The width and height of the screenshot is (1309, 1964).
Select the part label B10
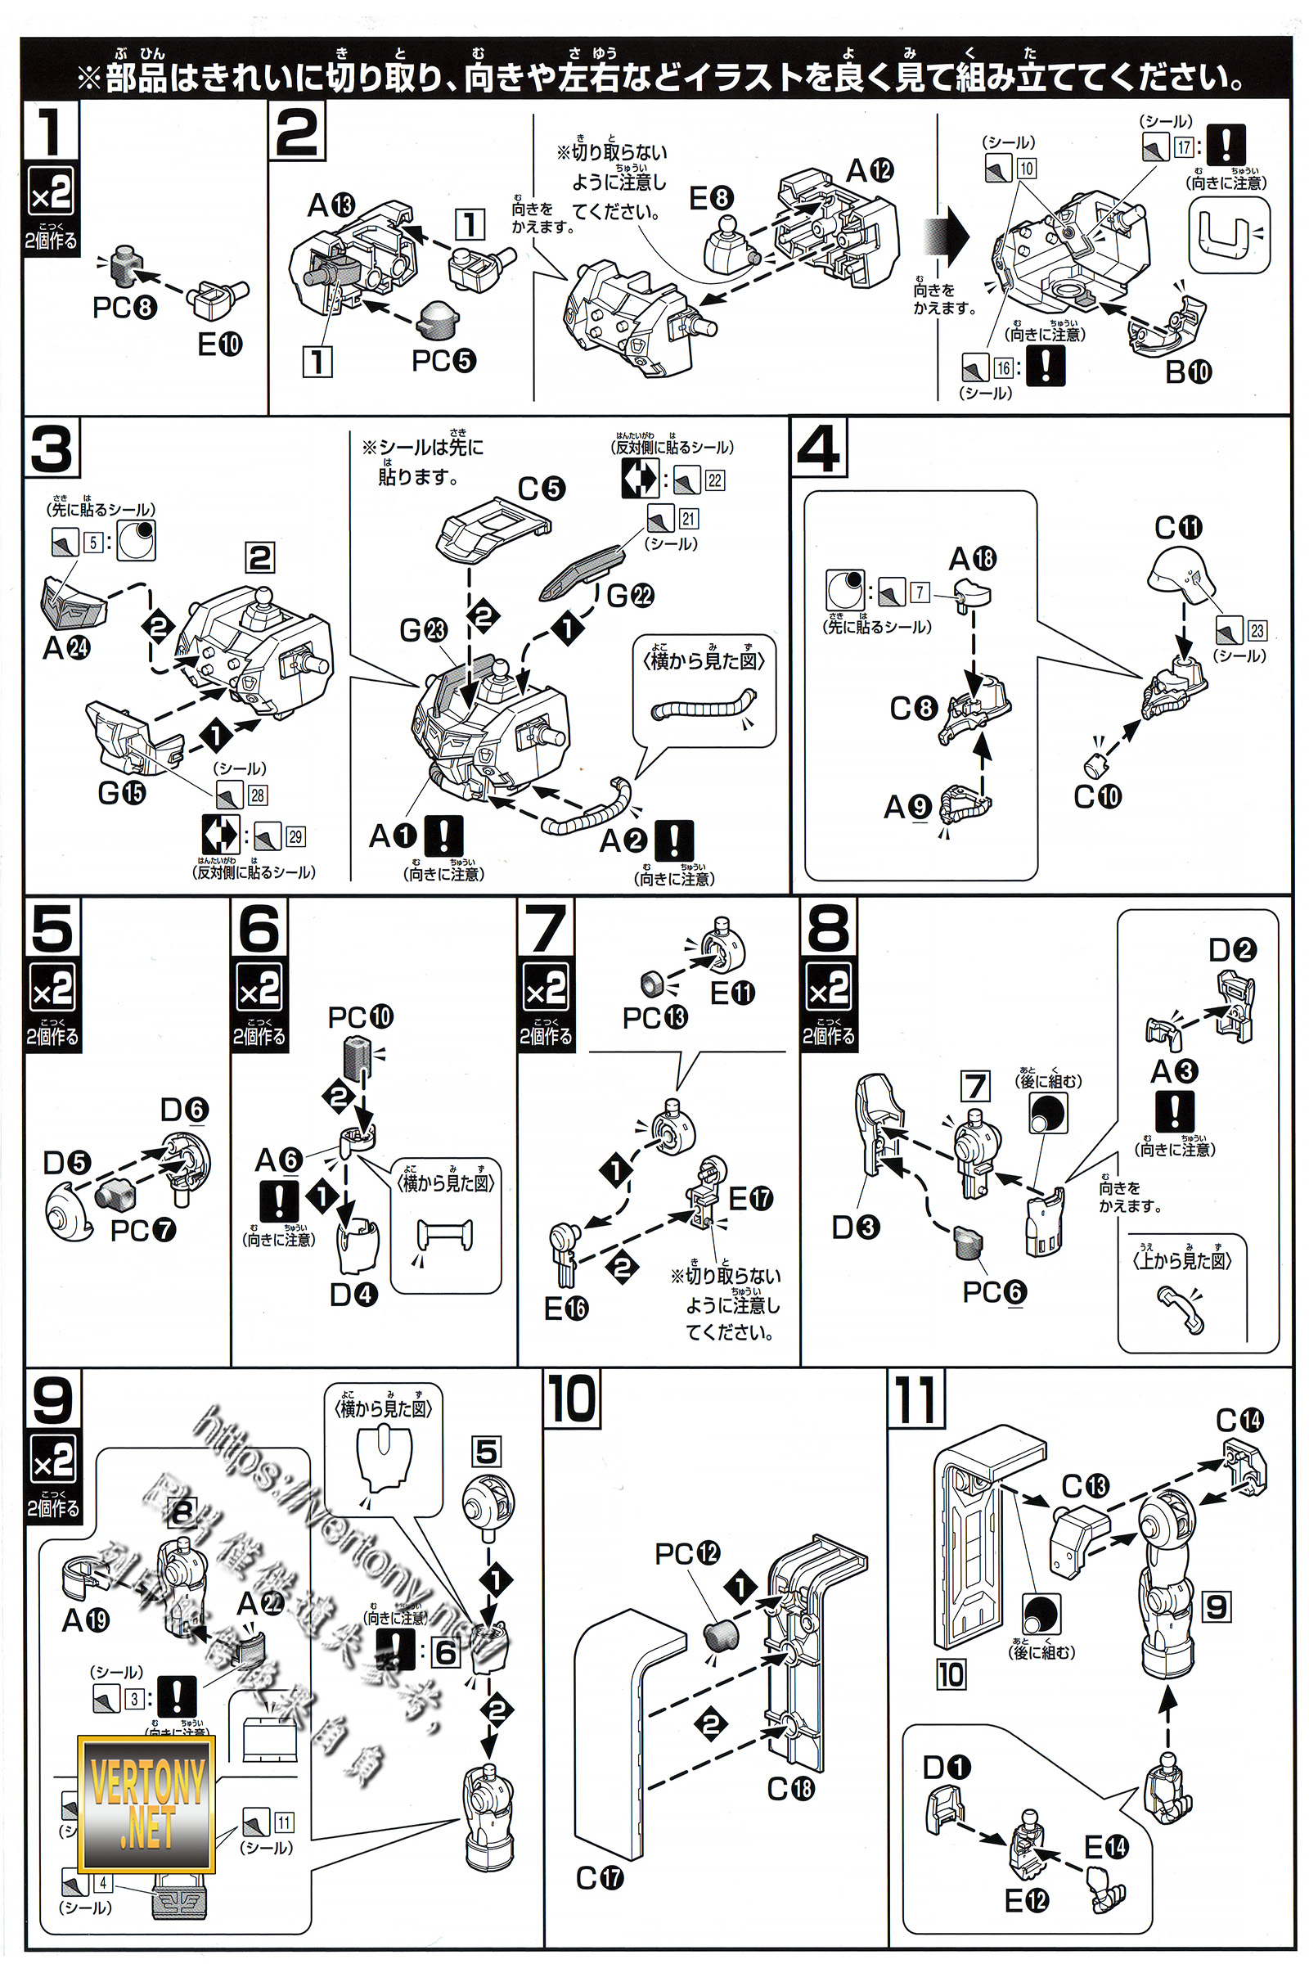pos(1188,372)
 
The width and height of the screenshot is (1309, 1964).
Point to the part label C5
pos(541,489)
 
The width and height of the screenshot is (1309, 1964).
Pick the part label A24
pos(66,647)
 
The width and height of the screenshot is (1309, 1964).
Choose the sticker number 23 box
pos(1257,630)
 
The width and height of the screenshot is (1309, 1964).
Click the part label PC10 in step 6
pos(360,1017)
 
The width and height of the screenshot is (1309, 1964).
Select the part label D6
pos(183,1109)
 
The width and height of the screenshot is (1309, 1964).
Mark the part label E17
pos(750,1198)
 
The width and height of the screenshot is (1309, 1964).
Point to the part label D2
pos(1232,949)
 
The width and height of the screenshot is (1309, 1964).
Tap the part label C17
pos(600,1878)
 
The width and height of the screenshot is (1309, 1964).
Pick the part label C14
pos(1239,1420)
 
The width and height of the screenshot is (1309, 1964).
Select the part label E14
pos(1106,1847)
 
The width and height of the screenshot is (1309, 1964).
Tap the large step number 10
pos(572,1399)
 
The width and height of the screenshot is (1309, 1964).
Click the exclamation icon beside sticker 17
pos(1226,146)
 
